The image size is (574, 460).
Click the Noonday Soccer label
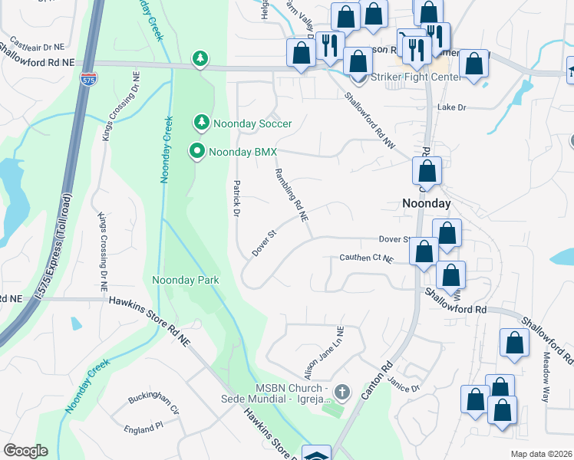[x=253, y=123]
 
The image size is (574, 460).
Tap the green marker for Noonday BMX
[x=197, y=152]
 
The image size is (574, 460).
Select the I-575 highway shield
[x=87, y=77]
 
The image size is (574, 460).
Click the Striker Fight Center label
[x=415, y=77]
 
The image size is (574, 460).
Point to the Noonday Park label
[x=186, y=280]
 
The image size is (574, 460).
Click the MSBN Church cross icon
[x=342, y=393]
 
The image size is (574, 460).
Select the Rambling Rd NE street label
[x=292, y=195]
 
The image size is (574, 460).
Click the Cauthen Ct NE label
[x=366, y=260]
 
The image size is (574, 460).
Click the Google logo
[x=25, y=451]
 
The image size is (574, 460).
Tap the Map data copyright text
[x=542, y=454]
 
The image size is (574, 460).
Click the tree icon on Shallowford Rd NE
[x=200, y=58]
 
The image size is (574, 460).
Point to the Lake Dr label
[x=451, y=108]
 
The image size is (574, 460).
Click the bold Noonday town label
[x=427, y=204]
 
